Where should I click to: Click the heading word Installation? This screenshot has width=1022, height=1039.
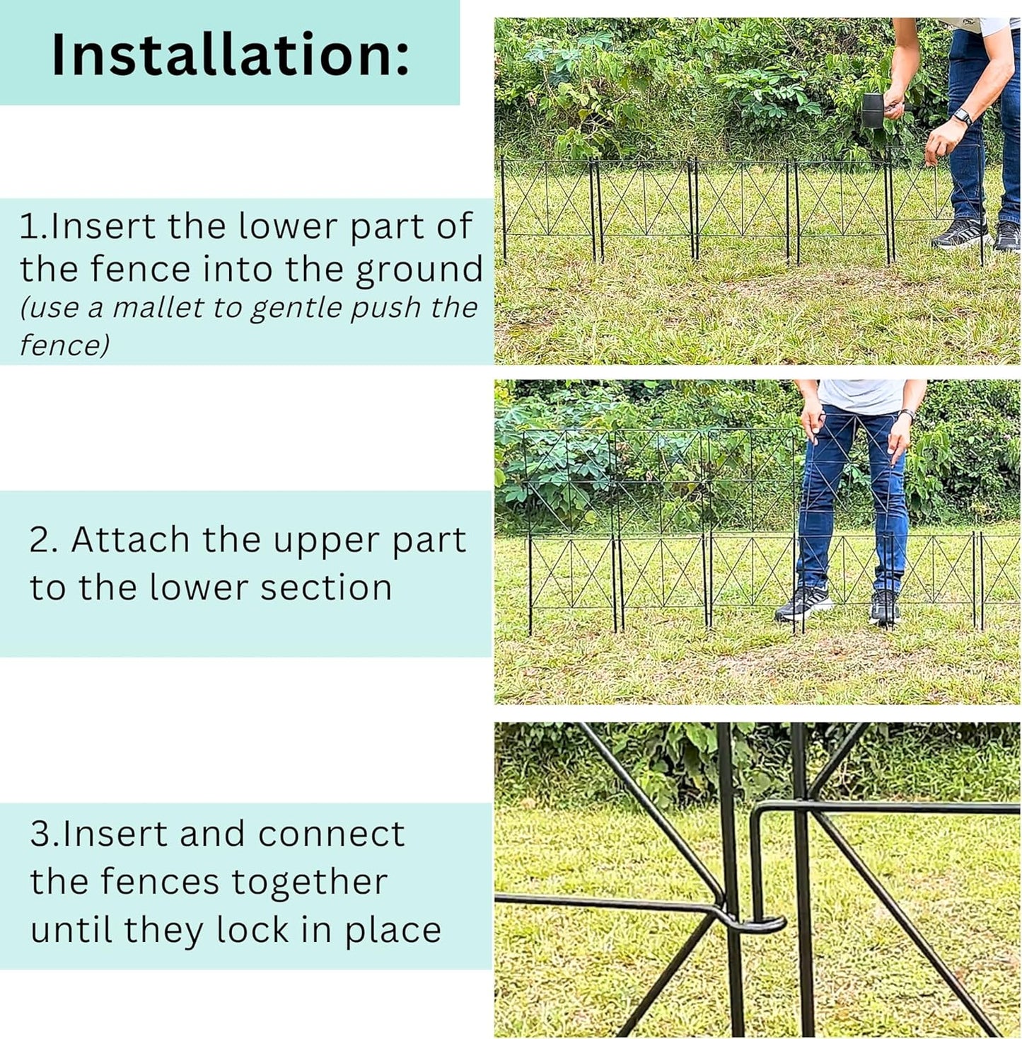tap(230, 55)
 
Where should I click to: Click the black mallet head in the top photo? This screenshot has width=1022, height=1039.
tap(873, 110)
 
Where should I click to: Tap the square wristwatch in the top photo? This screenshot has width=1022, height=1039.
tap(962, 117)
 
